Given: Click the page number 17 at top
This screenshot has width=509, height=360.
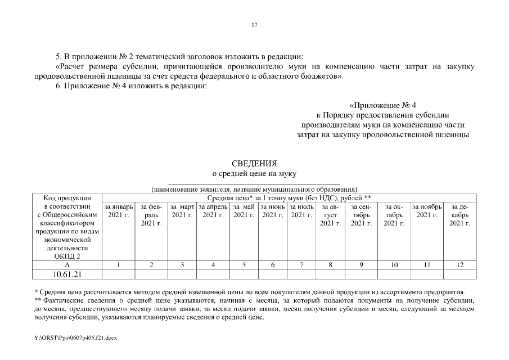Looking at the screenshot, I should (x=254, y=25).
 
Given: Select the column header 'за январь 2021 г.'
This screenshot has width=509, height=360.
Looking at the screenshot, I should (x=119, y=211).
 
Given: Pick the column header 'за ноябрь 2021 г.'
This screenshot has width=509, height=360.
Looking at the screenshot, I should (x=427, y=211).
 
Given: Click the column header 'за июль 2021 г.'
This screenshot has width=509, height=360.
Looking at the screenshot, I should (x=301, y=211).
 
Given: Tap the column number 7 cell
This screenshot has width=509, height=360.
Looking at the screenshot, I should (x=301, y=264).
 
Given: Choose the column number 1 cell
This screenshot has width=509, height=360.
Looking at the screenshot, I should (x=119, y=264).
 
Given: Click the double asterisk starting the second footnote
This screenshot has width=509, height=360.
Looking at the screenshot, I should (x=37, y=300).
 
